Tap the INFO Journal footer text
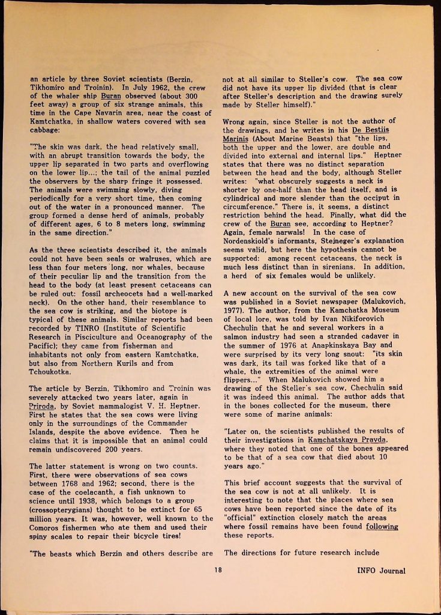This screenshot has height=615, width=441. (x=381, y=571)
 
